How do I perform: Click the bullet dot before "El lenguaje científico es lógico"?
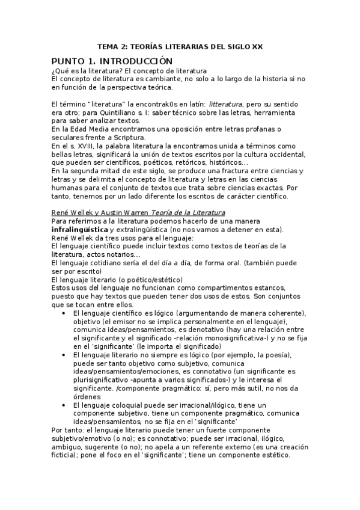(64, 313)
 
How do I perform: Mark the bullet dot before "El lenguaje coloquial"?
(64, 405)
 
